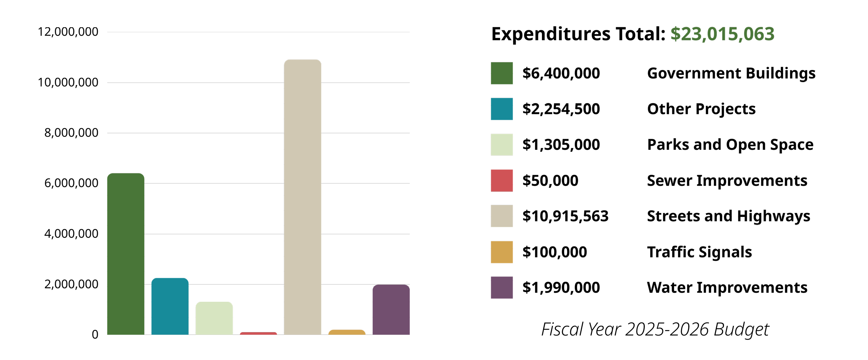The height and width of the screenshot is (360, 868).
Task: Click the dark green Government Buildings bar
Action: coord(126,254)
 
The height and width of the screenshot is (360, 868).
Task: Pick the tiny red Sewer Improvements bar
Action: coord(258,333)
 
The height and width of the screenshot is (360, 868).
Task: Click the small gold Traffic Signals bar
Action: coord(347,332)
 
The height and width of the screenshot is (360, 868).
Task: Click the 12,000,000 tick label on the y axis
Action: coord(68,32)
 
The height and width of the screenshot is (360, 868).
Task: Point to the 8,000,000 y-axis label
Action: coord(71,132)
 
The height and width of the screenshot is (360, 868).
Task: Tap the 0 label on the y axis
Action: coord(95,334)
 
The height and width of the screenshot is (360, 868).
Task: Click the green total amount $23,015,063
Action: coord(722,34)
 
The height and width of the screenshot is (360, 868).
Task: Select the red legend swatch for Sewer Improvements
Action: coord(501,180)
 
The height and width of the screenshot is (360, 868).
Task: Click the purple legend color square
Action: coord(501,287)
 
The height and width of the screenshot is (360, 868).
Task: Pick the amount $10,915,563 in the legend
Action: coord(565,216)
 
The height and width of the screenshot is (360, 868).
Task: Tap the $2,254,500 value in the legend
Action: coord(561,109)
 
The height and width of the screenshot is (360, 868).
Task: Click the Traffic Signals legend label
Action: coord(699,252)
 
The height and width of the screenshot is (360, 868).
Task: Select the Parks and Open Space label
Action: coord(730,144)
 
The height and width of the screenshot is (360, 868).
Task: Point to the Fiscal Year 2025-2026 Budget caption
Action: coord(655,329)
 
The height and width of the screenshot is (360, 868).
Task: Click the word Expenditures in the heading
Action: coord(550,34)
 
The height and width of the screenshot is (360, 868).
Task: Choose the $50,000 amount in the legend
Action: coord(550,180)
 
